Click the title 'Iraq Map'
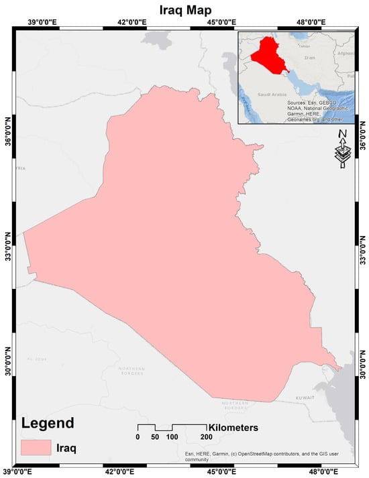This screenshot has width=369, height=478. [184, 9]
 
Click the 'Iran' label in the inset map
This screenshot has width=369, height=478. [309, 60]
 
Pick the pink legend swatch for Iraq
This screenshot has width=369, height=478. [35, 447]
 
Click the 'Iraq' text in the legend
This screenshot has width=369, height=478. [66, 447]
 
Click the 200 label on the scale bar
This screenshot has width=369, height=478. [206, 437]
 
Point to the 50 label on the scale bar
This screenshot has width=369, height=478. [155, 437]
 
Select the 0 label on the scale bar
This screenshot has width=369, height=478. [138, 437]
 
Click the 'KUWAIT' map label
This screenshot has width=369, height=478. [305, 398]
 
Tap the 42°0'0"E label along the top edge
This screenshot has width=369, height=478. [131, 22]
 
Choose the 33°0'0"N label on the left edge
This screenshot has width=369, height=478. [9, 253]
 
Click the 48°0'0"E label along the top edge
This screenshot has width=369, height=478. [310, 22]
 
